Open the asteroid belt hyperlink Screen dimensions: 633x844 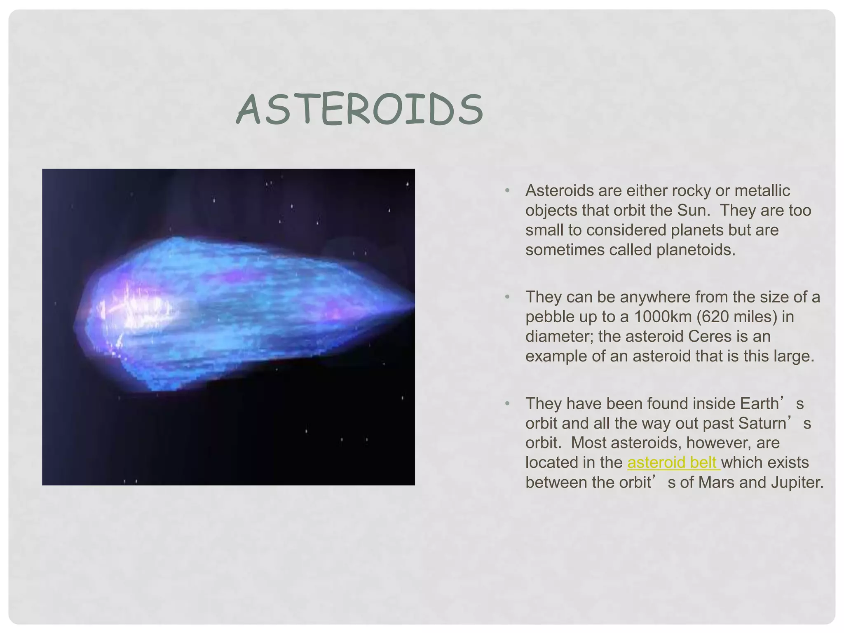tap(673, 462)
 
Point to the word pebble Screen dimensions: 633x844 tap(550, 317)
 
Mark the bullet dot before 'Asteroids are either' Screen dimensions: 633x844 tap(507, 191)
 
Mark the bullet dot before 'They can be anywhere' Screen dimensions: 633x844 tap(507, 297)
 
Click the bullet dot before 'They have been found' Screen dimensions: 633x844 tap(507, 403)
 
